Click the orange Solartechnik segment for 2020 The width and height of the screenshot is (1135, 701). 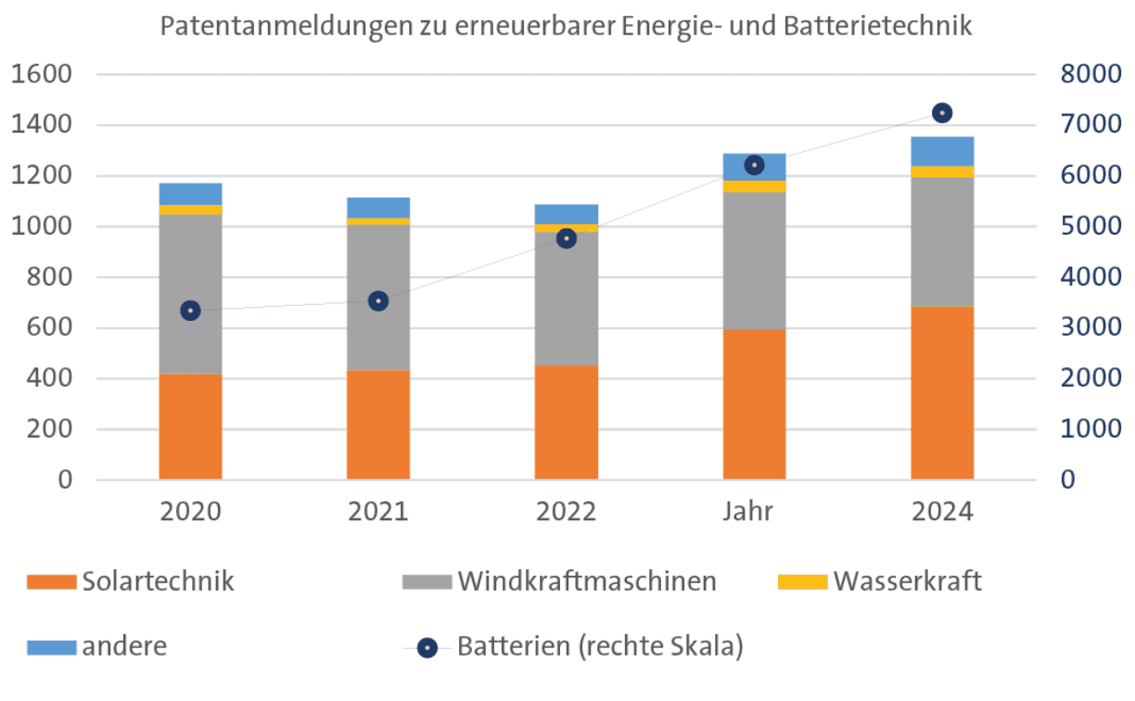(190, 427)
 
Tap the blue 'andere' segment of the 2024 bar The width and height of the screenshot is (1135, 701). (942, 151)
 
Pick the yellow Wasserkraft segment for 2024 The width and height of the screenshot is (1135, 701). (942, 172)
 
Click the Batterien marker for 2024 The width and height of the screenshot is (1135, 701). (942, 113)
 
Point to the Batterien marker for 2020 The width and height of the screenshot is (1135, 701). (190, 311)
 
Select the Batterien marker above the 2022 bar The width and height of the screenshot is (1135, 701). (566, 238)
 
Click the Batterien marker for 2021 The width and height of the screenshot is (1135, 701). (378, 301)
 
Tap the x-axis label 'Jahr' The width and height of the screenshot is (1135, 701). (754, 512)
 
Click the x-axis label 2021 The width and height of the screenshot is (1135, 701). (378, 512)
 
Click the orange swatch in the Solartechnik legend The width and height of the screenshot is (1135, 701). (52, 582)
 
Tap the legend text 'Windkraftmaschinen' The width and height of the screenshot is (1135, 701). (586, 581)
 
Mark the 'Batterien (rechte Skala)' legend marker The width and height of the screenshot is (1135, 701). (427, 647)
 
